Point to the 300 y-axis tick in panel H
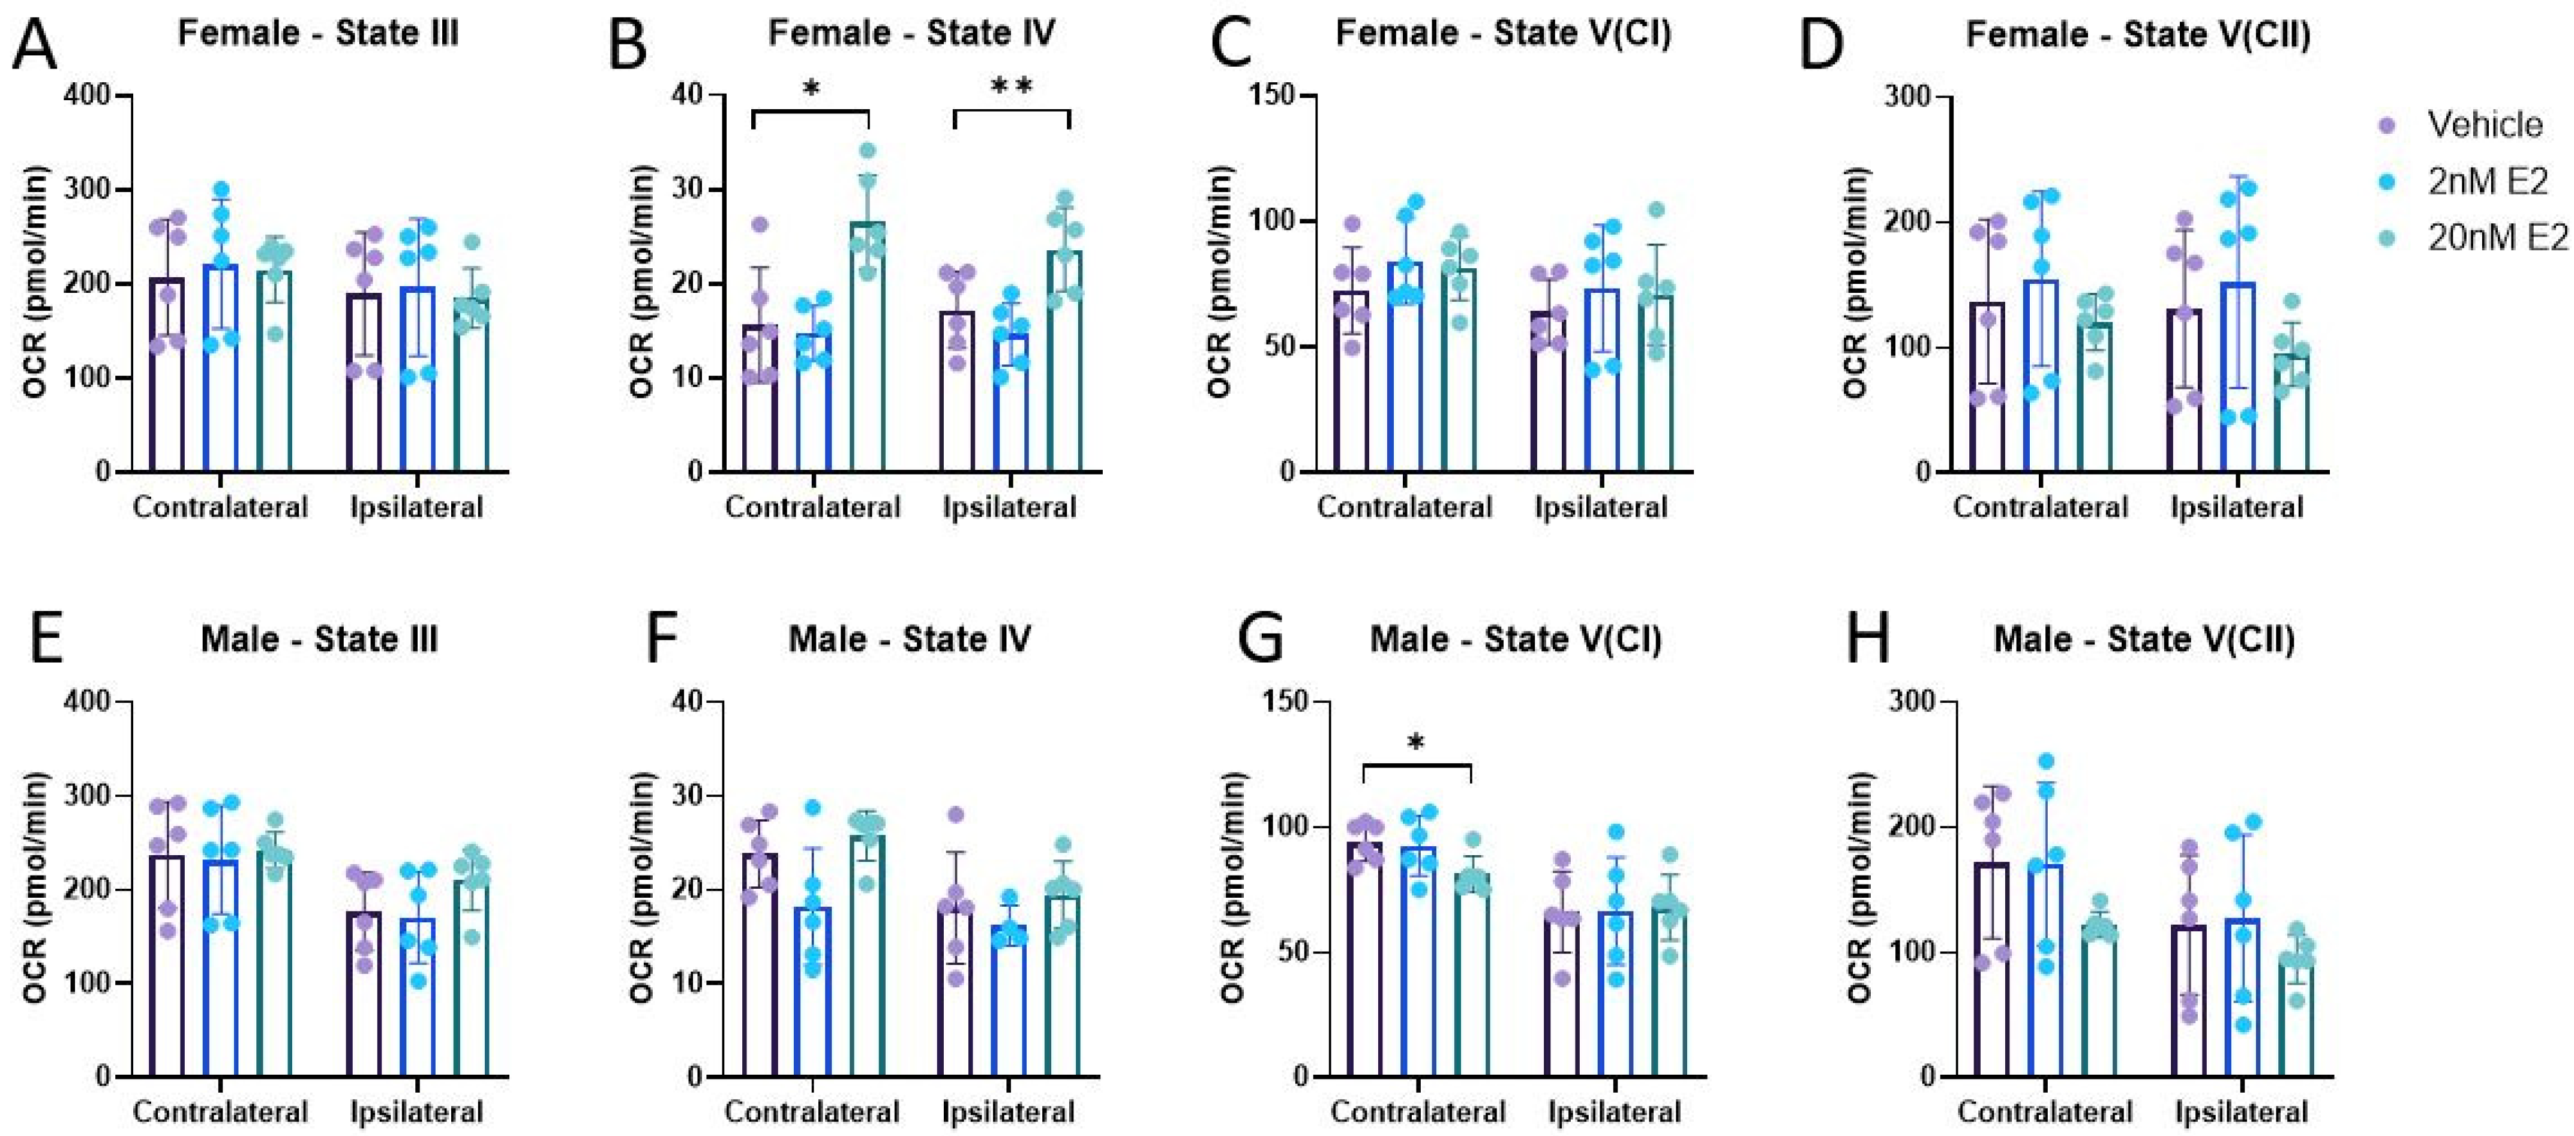coord(1910,702)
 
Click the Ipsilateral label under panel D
coord(2236,508)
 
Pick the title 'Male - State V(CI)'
coord(1515,639)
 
